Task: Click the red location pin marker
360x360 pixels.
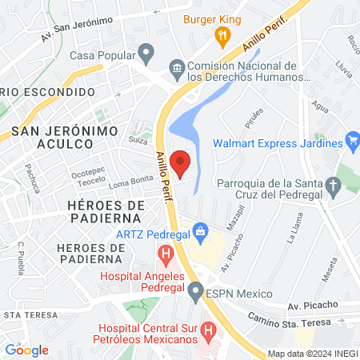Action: point(182,162)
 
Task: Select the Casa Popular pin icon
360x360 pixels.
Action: point(146,55)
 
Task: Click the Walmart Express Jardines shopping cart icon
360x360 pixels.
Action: point(354,144)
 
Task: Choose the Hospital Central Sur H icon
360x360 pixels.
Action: point(208,330)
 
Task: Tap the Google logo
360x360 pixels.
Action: point(26,350)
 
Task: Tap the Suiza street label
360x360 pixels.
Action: point(138,139)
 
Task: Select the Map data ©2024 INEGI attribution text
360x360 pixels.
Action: point(311,353)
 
